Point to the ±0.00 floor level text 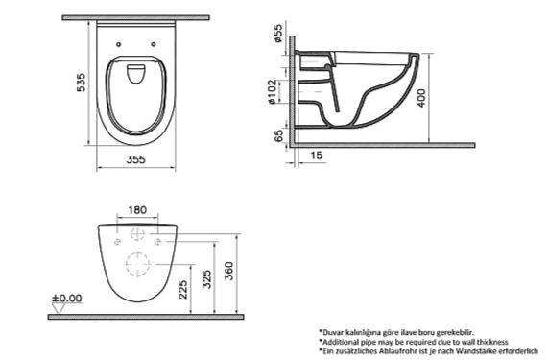(68, 299)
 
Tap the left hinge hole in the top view (116, 43)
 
